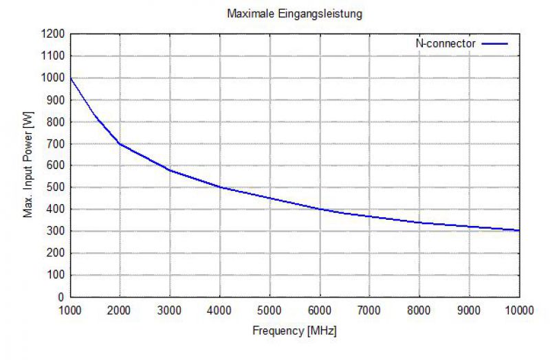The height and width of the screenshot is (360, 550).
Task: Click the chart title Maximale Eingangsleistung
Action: click(x=294, y=13)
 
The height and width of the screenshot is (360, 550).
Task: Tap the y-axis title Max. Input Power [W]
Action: click(x=29, y=166)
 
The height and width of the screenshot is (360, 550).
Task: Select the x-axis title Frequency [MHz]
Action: click(x=294, y=330)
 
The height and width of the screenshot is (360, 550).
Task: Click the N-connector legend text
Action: click(x=445, y=43)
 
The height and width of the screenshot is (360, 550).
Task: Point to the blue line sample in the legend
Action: click(x=495, y=43)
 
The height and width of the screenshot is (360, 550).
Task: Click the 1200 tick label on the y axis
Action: click(x=53, y=34)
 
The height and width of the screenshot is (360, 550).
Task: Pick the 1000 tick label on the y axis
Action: click(x=53, y=78)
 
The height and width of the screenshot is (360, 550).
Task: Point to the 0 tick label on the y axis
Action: click(x=61, y=297)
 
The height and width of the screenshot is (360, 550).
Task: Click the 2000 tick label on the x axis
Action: click(x=120, y=310)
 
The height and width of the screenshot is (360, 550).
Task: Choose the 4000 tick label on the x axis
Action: click(x=220, y=310)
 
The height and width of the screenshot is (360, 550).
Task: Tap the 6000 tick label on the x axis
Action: click(x=320, y=310)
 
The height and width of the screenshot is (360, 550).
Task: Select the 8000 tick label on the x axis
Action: click(x=419, y=310)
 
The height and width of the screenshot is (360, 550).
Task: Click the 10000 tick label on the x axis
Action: click(x=518, y=310)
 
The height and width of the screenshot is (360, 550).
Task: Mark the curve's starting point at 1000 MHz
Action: click(x=71, y=78)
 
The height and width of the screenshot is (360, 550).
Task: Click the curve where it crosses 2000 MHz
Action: click(x=120, y=144)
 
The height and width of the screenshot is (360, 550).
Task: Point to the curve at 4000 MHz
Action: click(x=220, y=187)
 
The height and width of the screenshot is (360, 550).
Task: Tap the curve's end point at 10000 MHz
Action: click(x=518, y=230)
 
